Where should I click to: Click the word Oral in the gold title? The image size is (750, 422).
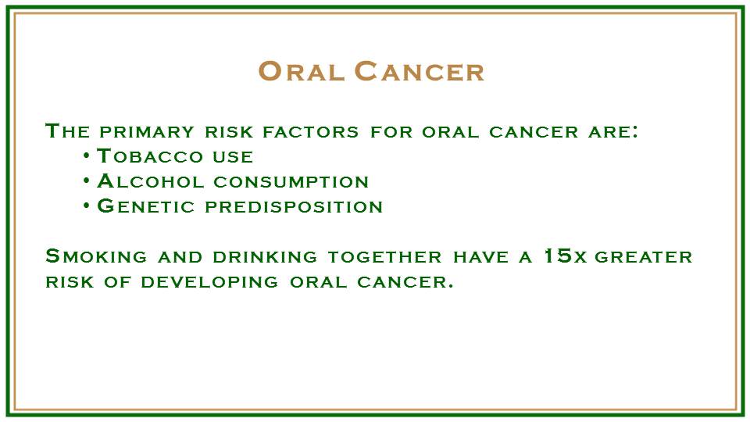pyautogui.click(x=302, y=71)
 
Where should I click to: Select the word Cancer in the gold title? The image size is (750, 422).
pyautogui.click(x=420, y=71)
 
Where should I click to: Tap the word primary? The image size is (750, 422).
pyautogui.click(x=147, y=131)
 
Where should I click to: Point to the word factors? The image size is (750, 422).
pyautogui.click(x=311, y=131)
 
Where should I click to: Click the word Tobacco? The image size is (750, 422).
pyautogui.click(x=150, y=156)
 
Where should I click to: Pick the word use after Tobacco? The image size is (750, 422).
pyautogui.click(x=233, y=156)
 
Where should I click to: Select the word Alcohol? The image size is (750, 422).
pyautogui.click(x=151, y=181)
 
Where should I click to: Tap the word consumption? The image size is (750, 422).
pyautogui.click(x=291, y=182)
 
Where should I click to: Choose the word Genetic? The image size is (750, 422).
pyautogui.click(x=146, y=206)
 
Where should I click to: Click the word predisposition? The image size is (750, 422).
pyautogui.click(x=294, y=206)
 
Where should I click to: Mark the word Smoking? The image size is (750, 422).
pyautogui.click(x=96, y=256)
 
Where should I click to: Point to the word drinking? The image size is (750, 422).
pyautogui.click(x=265, y=257)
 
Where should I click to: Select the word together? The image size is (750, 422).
pyautogui.click(x=385, y=257)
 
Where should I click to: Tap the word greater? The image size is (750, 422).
pyautogui.click(x=644, y=257)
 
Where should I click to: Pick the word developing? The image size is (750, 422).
pyautogui.click(x=209, y=282)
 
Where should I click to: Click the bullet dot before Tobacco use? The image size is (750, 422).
pyautogui.click(x=86, y=156)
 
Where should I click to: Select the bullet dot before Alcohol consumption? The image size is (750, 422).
pyautogui.click(x=86, y=181)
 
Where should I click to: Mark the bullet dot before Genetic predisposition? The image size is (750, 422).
pyautogui.click(x=86, y=206)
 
